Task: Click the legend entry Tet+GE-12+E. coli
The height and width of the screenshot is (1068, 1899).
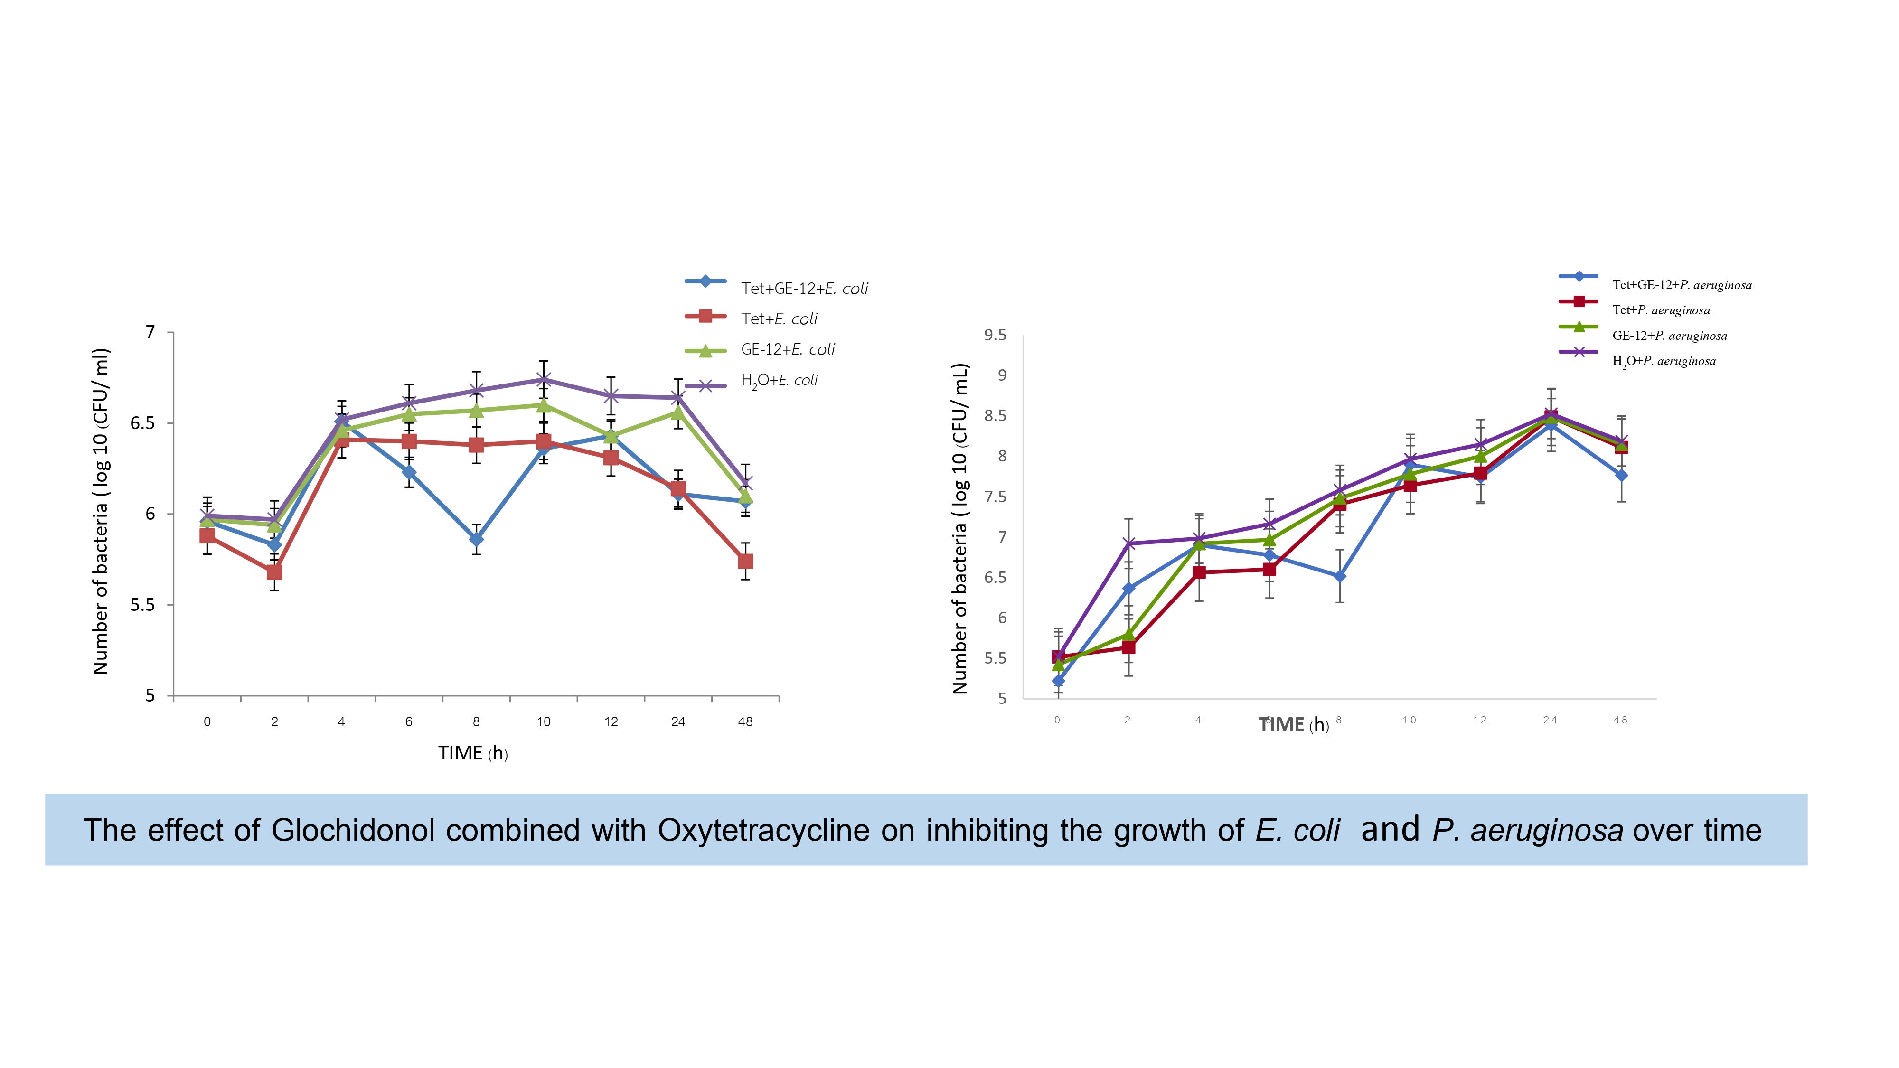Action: pos(804,288)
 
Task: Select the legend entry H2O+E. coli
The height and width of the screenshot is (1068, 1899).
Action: pos(779,380)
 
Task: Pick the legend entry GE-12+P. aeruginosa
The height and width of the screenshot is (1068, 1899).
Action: pos(1669,336)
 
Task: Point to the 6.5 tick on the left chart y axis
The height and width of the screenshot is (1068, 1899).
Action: pos(142,423)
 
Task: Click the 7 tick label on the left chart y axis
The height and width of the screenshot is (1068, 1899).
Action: pos(150,332)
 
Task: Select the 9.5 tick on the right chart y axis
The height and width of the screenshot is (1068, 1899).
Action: pos(995,336)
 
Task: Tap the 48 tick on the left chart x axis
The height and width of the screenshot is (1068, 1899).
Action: pos(745,721)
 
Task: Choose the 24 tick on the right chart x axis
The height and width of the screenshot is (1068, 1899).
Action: pos(1550,720)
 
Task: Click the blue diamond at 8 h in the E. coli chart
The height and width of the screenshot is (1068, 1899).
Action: pos(476,540)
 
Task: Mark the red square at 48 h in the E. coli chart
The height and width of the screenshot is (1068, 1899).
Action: pos(745,562)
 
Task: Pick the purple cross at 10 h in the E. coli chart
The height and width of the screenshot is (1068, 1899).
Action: pos(543,380)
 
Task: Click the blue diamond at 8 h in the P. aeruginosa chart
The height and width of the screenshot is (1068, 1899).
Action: pos(1339,576)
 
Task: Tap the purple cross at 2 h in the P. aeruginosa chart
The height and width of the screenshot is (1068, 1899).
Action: pos(1128,544)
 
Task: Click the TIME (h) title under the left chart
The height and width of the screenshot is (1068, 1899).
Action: pos(472,753)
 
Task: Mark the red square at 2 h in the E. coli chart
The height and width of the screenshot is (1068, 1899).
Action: pos(274,572)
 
